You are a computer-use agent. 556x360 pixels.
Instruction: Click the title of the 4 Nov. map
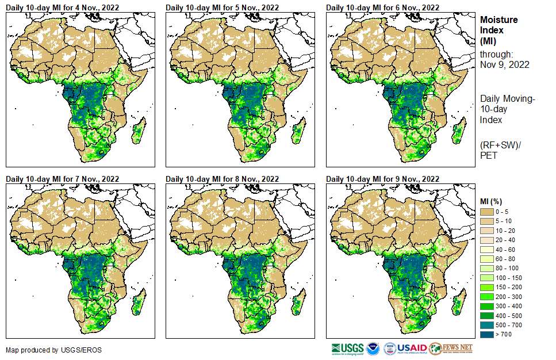coord(63,7)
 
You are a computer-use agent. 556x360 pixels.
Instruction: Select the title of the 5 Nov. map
coord(223,7)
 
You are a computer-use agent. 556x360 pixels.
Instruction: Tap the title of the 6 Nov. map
coord(383,7)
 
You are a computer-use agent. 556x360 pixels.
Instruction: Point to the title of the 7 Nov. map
coord(63,179)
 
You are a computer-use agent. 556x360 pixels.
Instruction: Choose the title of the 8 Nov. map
coord(223,179)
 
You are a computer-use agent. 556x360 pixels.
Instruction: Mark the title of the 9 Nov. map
coord(383,179)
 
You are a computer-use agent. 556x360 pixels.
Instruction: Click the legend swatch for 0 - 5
coord(487,212)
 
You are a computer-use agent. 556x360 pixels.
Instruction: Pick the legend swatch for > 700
coord(487,335)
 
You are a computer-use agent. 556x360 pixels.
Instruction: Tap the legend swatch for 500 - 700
coord(487,325)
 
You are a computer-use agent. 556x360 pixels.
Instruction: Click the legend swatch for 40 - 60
coord(487,250)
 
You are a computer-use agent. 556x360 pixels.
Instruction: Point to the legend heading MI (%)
coord(492,201)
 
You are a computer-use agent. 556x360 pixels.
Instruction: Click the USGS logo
coord(347,348)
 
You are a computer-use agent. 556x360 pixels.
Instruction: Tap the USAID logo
coord(412,348)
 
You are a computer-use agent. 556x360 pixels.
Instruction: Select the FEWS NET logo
coord(451,348)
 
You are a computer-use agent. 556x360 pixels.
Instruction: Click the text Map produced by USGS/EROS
coord(46,350)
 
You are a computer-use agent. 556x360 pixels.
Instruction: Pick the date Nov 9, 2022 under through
coord(504,64)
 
